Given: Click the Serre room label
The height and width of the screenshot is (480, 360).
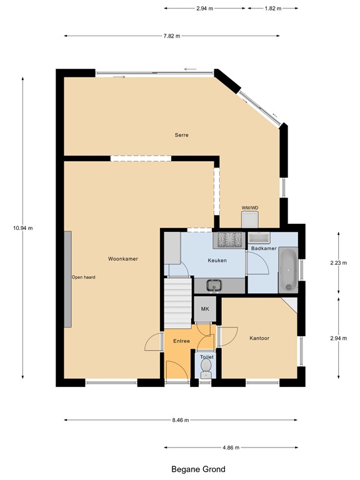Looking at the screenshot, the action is coord(181,135).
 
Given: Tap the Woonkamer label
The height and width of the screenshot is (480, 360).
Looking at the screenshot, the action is coord(123,259).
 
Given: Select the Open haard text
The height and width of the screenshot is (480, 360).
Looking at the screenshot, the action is coord(84,277).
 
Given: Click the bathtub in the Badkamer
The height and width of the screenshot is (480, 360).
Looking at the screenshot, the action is coord(288,270).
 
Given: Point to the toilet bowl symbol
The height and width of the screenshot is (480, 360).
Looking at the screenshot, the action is coord(206,368).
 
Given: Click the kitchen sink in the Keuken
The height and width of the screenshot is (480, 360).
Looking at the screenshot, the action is coord(214,285).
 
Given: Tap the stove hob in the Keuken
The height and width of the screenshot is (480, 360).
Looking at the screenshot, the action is coord(229,240).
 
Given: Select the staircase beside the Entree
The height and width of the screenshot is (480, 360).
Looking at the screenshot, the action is coord(178,303).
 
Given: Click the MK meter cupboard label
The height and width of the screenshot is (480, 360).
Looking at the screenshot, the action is coord(205,309).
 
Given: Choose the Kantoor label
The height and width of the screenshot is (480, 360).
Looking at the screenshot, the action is coord(259,338).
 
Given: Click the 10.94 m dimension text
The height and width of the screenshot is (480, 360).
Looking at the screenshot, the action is coord(23,228).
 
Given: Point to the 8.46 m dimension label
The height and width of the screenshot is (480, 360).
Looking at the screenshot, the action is coord(181,420).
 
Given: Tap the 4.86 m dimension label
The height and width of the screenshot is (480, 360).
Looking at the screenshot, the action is coord(231,447).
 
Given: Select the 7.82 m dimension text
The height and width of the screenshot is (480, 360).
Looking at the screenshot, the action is coord(172,36).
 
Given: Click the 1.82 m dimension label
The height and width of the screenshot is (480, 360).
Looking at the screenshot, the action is coord(273,9).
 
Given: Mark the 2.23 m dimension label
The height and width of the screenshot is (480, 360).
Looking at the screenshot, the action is coord(339,262).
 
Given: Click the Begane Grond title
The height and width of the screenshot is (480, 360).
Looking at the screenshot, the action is coord(198,469).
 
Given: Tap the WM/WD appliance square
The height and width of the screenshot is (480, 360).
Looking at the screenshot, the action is coord(250,220).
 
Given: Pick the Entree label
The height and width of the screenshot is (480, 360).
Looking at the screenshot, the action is coord(181,341).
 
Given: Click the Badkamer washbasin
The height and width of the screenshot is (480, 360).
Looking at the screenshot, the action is coord(259,238).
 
